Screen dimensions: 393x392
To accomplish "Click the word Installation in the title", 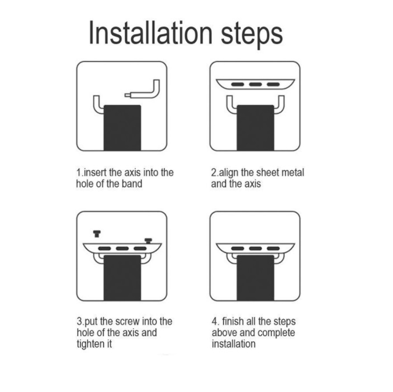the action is point(150,33).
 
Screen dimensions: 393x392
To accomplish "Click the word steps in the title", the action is point(252,35).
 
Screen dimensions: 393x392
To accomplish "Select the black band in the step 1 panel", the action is point(122,128).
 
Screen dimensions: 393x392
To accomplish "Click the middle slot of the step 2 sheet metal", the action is point(255,84).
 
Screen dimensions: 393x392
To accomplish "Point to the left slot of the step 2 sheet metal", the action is point(238,84).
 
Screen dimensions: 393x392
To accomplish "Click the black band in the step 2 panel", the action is point(255,128).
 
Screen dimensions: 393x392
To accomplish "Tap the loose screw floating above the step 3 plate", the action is point(97,234).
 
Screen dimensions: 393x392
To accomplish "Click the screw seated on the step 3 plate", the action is point(148,241).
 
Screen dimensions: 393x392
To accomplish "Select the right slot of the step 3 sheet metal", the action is point(140,248).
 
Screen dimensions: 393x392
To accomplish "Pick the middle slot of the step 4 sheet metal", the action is point(255,248).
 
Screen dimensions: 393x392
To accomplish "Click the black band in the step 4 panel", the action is point(255,278).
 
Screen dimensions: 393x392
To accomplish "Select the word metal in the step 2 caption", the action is point(293,173).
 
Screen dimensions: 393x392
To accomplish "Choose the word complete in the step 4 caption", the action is point(276,333).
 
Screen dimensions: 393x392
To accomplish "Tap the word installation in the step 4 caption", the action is point(234,343).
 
